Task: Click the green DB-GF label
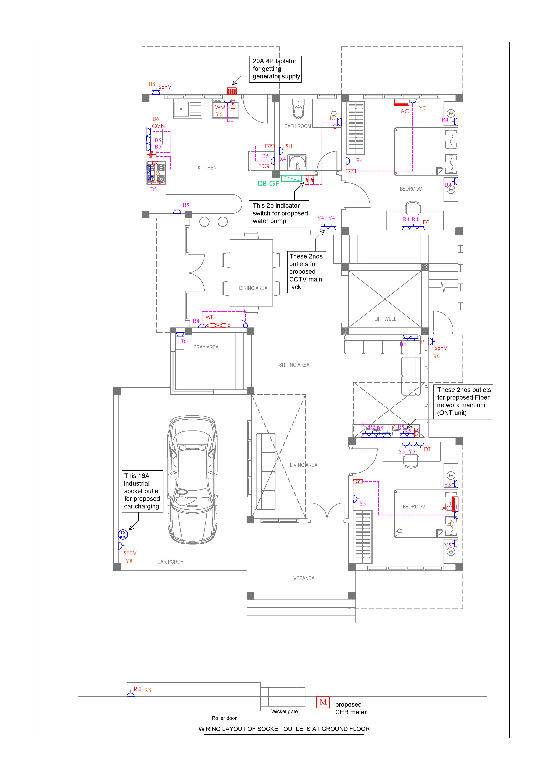[x=268, y=184]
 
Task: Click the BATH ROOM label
[x=298, y=126]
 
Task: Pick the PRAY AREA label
[x=206, y=347]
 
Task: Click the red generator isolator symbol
[x=232, y=91]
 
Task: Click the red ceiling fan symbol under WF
[x=218, y=325]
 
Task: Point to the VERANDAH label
[x=305, y=578]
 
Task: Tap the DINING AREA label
[x=253, y=288]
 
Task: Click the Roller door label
[x=224, y=718]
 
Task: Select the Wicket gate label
[x=284, y=712]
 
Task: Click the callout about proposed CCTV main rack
[x=306, y=272]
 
